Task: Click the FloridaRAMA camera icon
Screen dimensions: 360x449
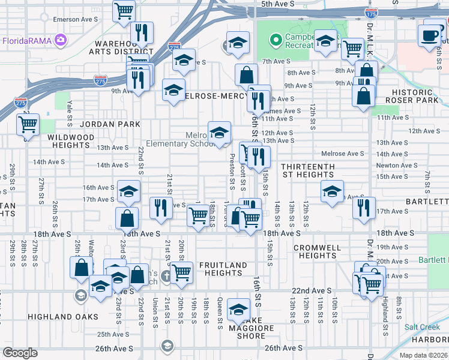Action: point(60,41)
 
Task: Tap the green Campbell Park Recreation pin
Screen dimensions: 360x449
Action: point(276,40)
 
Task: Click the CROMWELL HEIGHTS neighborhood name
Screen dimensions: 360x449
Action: point(318,251)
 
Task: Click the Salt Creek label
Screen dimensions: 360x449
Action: point(422,327)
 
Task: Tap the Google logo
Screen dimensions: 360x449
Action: point(20,353)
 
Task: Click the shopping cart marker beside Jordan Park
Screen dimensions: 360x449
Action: point(28,125)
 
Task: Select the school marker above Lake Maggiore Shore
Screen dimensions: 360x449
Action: point(238,310)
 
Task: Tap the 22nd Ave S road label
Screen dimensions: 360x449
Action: point(312,290)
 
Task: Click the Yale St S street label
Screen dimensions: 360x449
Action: point(70,113)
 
